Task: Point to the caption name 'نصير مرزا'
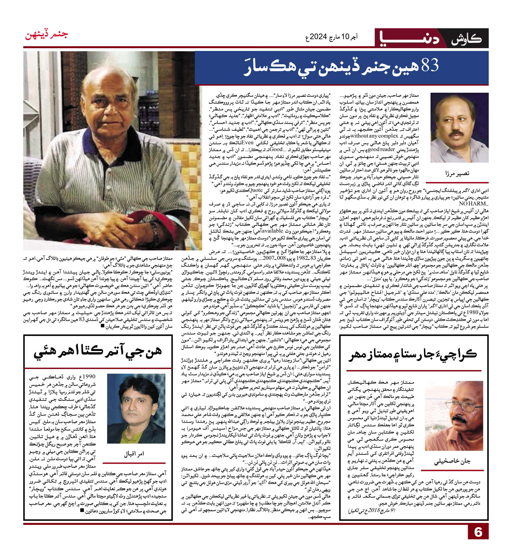click(457, 173)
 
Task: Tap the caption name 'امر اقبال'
click(134, 454)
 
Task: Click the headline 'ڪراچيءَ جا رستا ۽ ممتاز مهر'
click(413, 354)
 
